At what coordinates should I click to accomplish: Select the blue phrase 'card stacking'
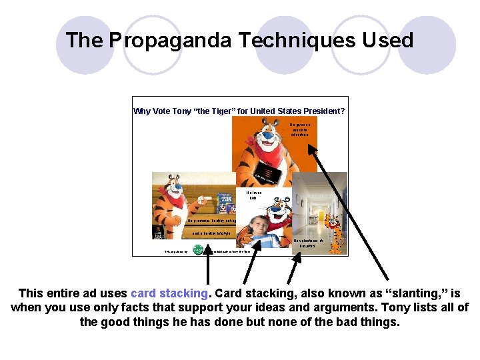[x=169, y=293]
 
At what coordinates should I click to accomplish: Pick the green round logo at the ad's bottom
[x=198, y=250]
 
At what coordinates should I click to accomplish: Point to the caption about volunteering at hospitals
[x=307, y=243]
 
